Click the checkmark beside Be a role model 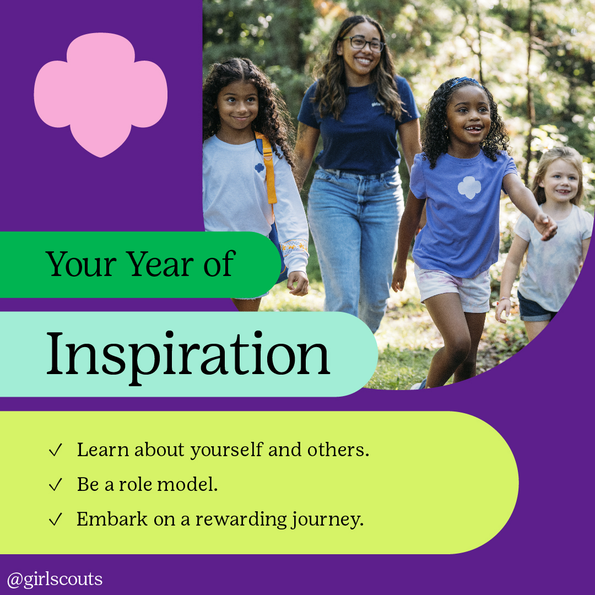(x=56, y=485)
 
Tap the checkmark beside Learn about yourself (x=56, y=450)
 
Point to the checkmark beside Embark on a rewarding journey (x=56, y=519)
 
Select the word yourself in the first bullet (x=226, y=451)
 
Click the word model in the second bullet (x=187, y=484)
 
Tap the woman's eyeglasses (x=364, y=44)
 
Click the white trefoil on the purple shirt (x=469, y=187)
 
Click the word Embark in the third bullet (x=112, y=519)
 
